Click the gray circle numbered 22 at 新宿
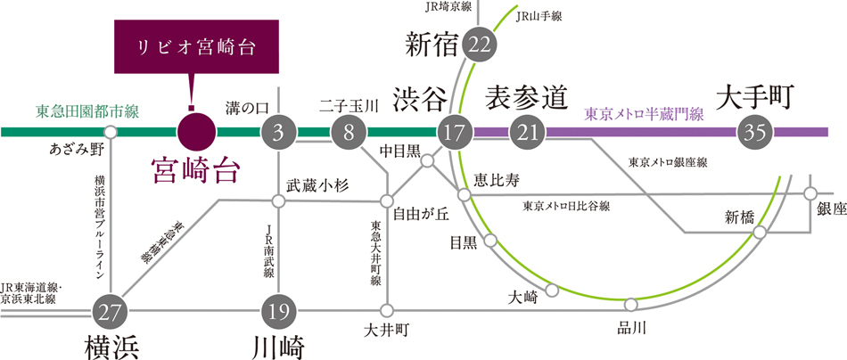coord(480,45)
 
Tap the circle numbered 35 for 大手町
coord(755,132)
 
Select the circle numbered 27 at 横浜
coord(110,311)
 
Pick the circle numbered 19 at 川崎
coord(278,311)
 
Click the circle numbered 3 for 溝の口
coord(278,132)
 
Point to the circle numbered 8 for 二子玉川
coord(349,132)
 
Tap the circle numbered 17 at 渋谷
coord(455,132)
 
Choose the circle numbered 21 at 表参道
coord(527,132)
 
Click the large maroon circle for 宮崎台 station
coord(197,132)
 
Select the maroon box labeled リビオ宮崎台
coord(197,47)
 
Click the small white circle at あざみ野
coord(111,132)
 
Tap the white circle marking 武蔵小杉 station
coord(278,201)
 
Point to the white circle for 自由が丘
coord(387,201)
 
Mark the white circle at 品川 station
coord(630,305)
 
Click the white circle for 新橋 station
coord(760,233)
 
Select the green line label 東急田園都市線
coord(87,112)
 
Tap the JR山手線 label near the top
coord(539,17)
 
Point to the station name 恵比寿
coord(497,180)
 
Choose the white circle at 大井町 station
coord(387,311)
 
